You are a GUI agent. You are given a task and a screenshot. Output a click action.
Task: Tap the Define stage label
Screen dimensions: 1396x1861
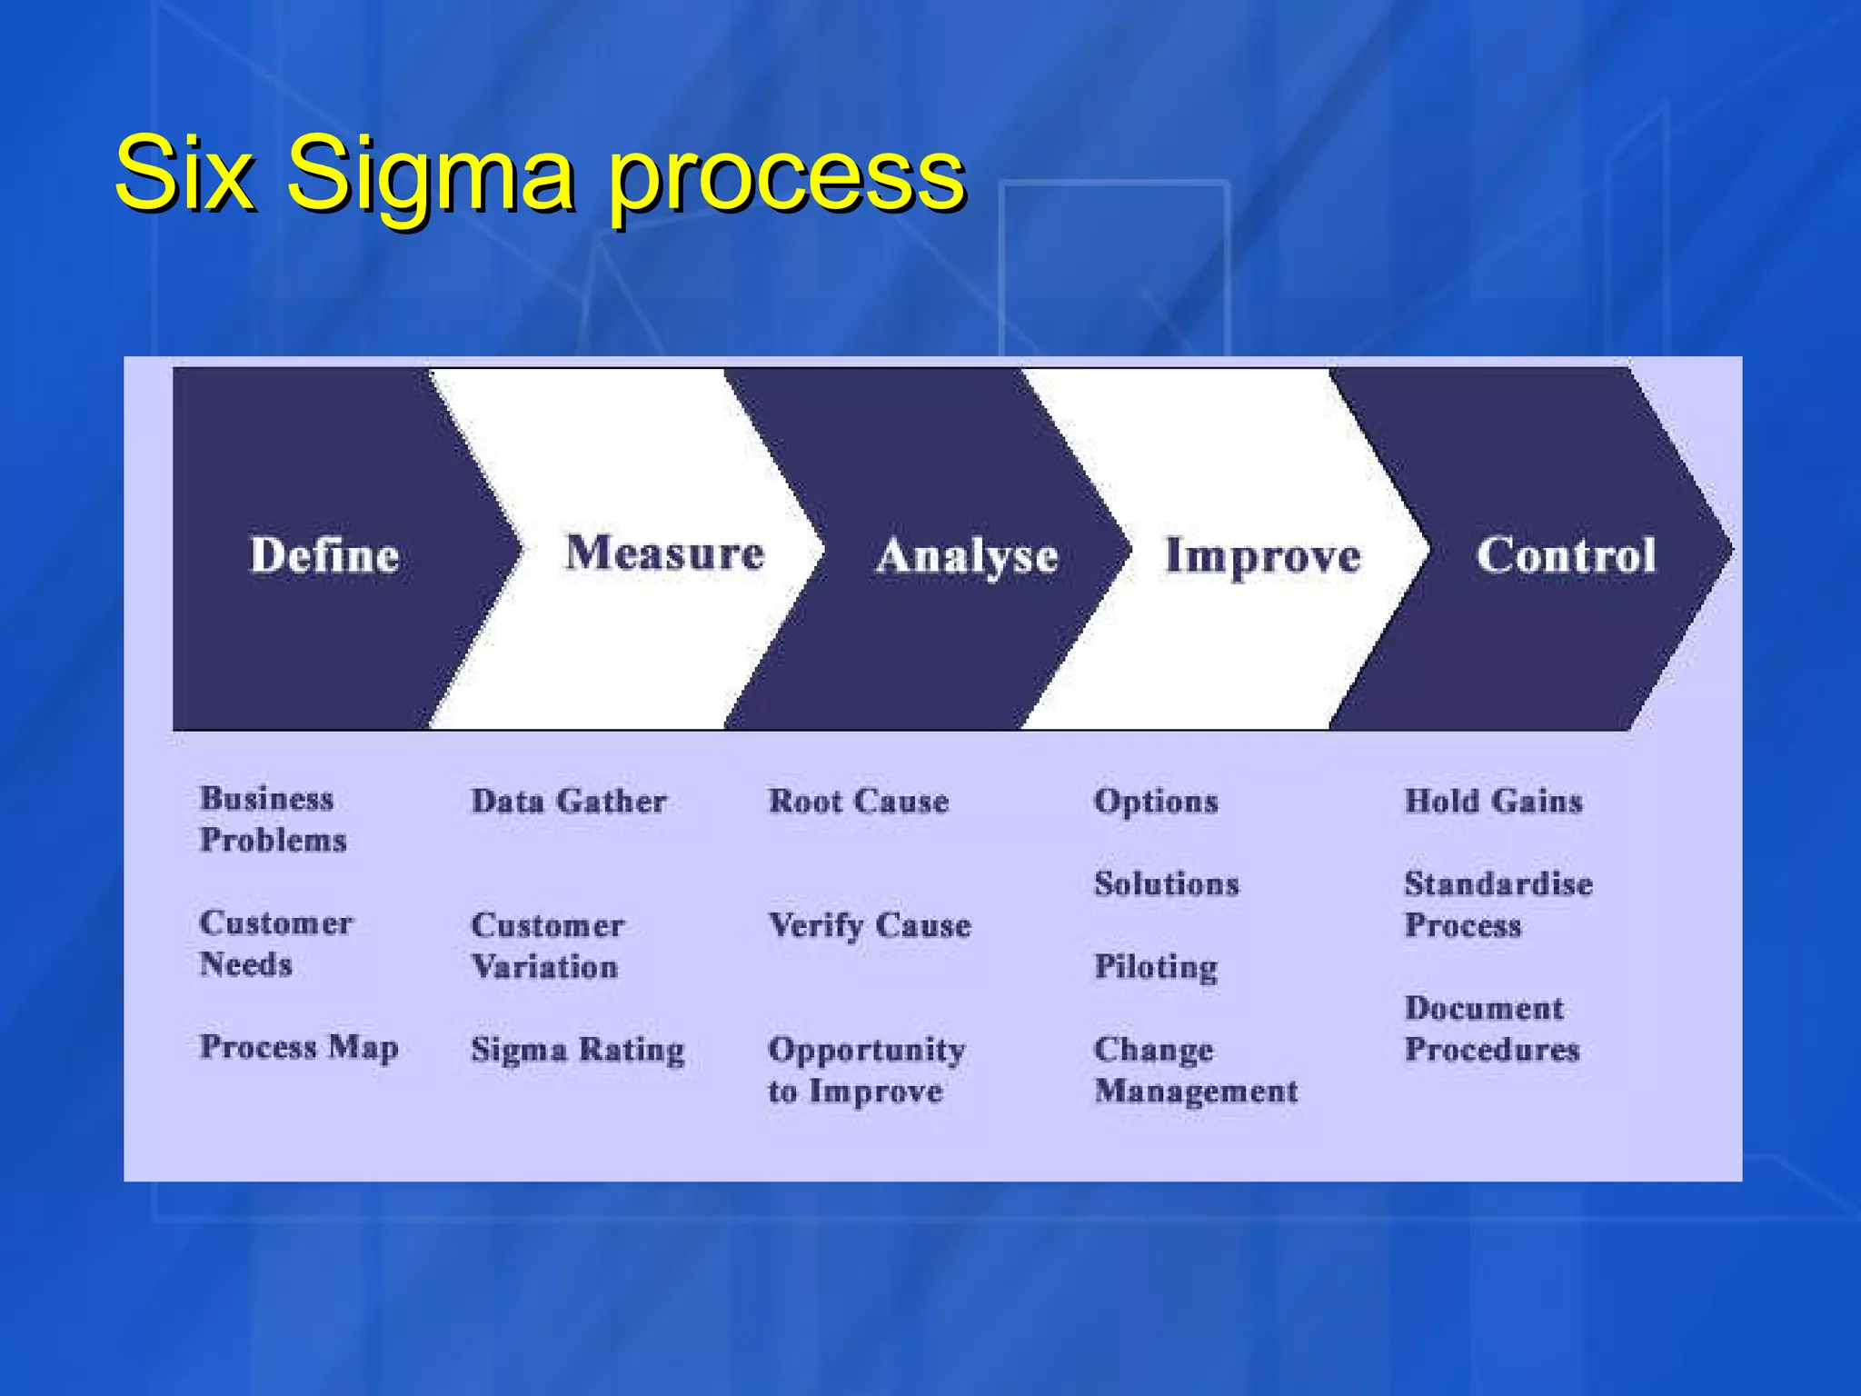pos(324,554)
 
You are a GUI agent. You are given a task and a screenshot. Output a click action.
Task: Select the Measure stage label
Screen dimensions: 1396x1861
pos(664,553)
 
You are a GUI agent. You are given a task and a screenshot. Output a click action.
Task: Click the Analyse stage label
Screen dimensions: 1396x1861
pos(967,555)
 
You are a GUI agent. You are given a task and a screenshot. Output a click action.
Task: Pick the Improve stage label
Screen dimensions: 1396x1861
pos(1262,555)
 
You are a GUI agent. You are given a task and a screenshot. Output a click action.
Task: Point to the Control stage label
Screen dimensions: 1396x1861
pos(1566,554)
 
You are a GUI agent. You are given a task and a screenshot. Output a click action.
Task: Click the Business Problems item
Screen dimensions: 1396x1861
pos(272,819)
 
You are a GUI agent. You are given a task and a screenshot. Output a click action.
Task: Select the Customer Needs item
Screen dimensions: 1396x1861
pos(274,943)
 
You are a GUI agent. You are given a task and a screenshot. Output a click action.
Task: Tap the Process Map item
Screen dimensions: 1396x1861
pos(299,1047)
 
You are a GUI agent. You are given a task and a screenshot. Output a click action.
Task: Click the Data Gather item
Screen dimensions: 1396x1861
pos(569,801)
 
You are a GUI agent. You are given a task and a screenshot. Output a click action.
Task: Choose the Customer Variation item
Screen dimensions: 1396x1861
pos(547,945)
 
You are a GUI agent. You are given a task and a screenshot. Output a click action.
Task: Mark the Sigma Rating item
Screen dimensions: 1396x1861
pos(577,1050)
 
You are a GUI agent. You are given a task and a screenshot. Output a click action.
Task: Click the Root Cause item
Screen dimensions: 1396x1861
pos(858,801)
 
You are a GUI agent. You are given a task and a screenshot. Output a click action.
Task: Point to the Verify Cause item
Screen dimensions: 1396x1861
pos(870,925)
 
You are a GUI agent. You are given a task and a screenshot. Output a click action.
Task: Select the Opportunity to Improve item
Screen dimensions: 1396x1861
pos(865,1070)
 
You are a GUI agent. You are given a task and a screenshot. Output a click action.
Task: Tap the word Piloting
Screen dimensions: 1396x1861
pos(1155,966)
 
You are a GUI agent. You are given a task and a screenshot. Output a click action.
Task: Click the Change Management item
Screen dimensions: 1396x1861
pos(1195,1070)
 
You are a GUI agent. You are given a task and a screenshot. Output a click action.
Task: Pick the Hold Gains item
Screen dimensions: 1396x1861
pos(1493,801)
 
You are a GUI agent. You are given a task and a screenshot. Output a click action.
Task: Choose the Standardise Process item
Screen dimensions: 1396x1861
pos(1498,904)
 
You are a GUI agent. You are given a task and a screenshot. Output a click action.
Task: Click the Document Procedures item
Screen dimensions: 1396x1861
pos(1491,1029)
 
